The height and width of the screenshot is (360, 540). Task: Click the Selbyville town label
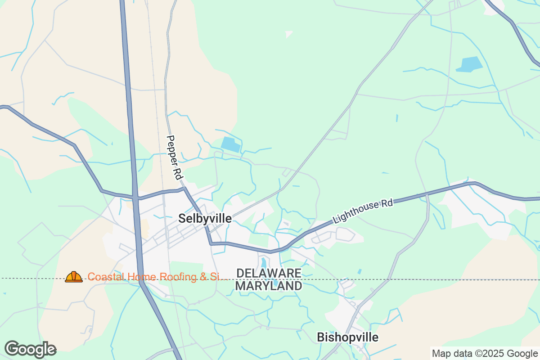point(205,219)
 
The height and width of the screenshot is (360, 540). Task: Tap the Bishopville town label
point(347,337)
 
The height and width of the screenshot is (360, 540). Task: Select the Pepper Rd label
point(173,156)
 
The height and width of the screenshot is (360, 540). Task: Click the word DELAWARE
point(269,273)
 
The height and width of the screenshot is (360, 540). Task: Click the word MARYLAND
point(269,286)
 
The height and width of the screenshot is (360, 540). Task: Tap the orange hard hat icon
point(74,277)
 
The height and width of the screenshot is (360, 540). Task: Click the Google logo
point(30,349)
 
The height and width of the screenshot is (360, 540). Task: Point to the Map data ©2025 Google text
point(485,353)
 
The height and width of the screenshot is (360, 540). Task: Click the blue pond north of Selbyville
point(231,144)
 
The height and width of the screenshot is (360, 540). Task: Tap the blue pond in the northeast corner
point(469,64)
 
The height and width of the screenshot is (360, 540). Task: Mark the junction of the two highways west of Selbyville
point(135,197)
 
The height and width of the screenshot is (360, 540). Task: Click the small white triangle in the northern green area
point(289,34)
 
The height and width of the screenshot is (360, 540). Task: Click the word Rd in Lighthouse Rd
point(387,203)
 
